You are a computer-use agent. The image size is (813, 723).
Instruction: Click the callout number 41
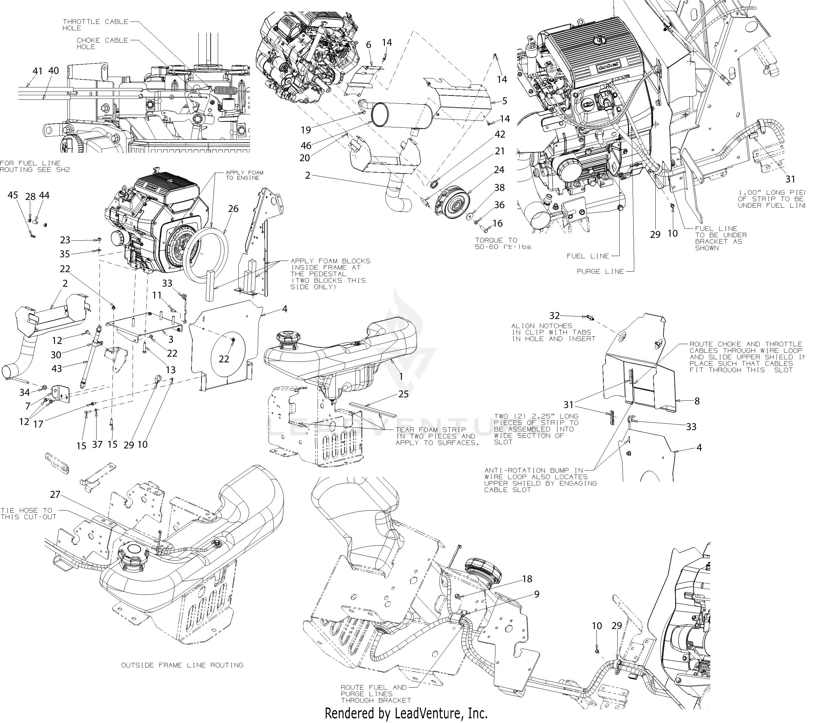[x=37, y=71]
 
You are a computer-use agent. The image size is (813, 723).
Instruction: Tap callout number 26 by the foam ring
[x=233, y=209]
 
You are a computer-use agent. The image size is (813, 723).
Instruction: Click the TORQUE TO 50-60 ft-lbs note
[x=503, y=243]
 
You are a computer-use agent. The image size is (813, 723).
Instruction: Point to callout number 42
[x=500, y=135]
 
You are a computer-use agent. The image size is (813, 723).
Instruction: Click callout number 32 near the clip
[x=555, y=316]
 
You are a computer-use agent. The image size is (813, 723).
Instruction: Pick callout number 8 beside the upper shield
[x=697, y=401]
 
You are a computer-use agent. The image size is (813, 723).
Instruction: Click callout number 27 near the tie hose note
[x=55, y=494]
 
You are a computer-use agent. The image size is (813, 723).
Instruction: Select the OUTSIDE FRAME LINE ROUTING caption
[x=182, y=665]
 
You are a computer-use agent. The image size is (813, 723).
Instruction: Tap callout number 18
[x=527, y=579]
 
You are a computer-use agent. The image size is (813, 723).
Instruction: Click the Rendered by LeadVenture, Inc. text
[x=406, y=713]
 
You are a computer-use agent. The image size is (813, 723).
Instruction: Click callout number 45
[x=13, y=195]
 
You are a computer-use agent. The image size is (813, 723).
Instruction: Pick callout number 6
[x=369, y=45]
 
